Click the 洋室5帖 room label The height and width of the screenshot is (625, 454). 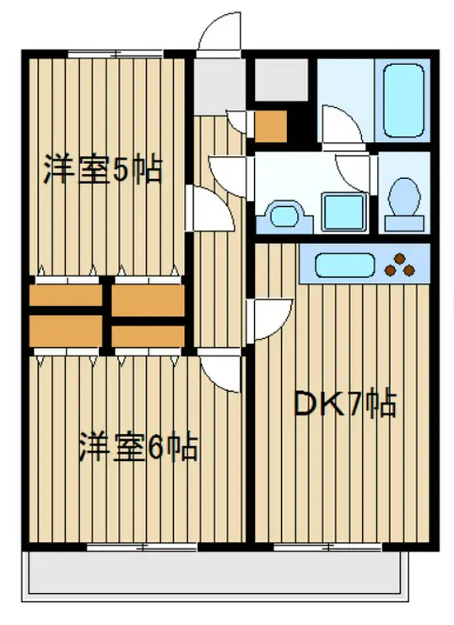pyautogui.click(x=103, y=171)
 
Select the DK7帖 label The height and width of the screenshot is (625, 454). pyautogui.click(x=344, y=406)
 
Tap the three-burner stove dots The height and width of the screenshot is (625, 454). pyautogui.click(x=401, y=265)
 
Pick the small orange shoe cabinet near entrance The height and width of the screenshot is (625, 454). pyautogui.click(x=271, y=125)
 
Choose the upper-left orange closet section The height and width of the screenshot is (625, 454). pyautogui.click(x=66, y=296)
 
